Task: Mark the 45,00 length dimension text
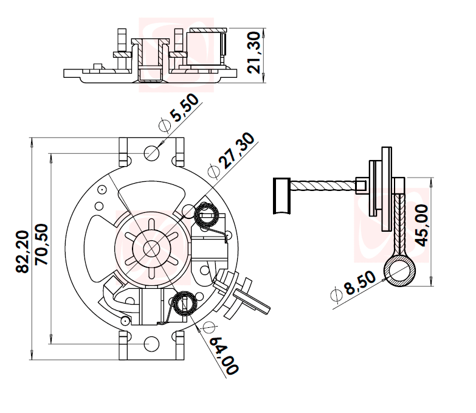(421, 224)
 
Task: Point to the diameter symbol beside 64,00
(209, 327)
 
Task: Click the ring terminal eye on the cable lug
(399, 271)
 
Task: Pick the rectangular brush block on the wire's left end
(283, 196)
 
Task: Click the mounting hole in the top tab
(151, 152)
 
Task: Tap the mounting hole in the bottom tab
(151, 345)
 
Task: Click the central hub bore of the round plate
(151, 248)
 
